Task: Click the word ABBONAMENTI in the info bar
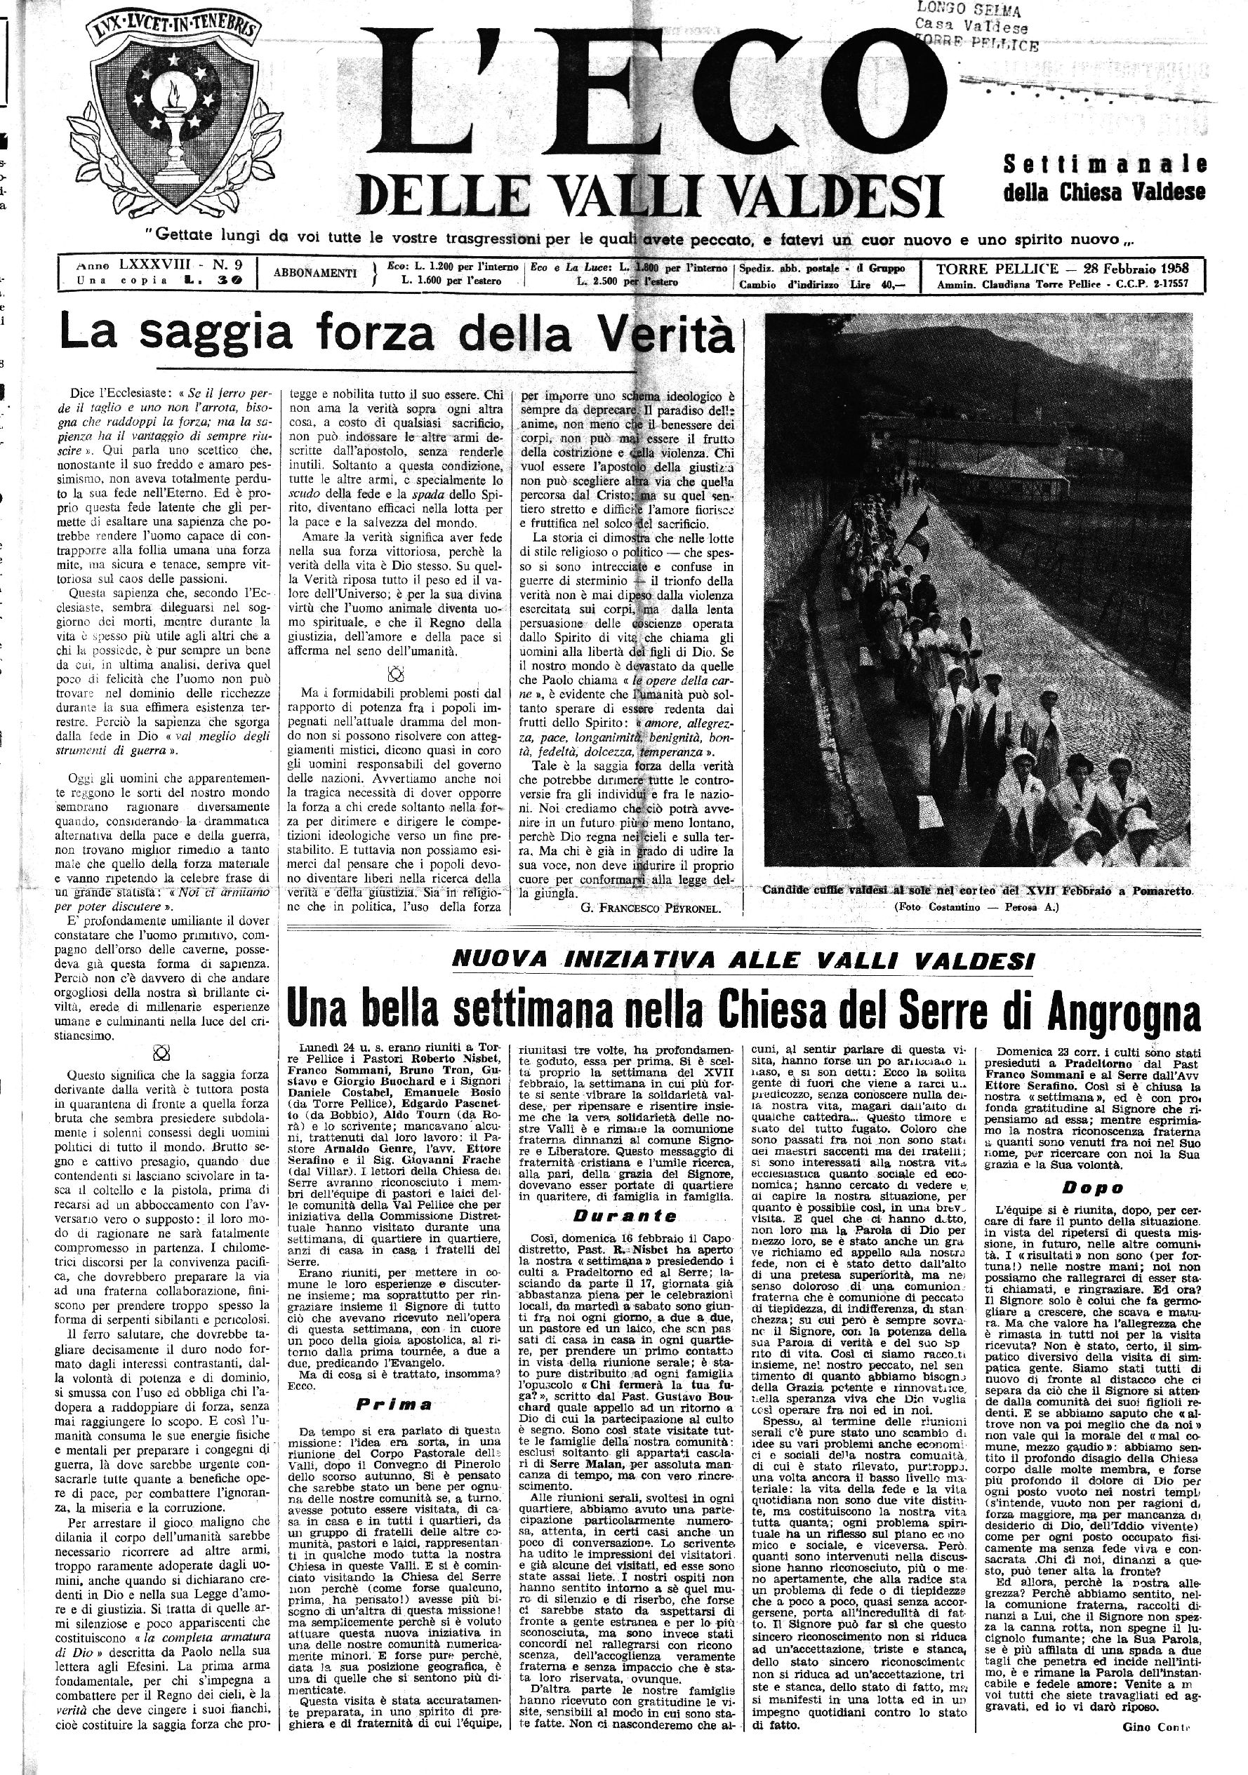click(x=315, y=273)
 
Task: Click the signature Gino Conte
click(x=1155, y=1727)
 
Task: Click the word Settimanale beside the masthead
click(x=1104, y=165)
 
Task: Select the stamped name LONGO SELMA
click(x=967, y=10)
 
